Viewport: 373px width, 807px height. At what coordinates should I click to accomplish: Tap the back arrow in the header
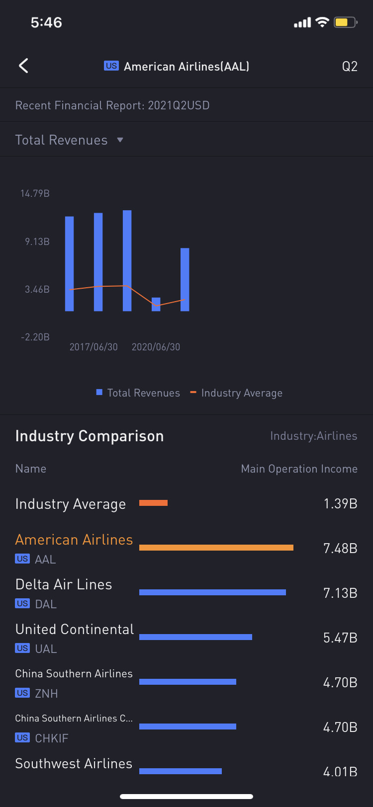point(23,66)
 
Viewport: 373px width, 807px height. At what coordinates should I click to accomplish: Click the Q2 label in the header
point(350,67)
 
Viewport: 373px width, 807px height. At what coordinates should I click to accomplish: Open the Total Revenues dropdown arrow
point(120,140)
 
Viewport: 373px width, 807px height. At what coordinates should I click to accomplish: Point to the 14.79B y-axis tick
point(35,194)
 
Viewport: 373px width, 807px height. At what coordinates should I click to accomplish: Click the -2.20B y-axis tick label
point(35,337)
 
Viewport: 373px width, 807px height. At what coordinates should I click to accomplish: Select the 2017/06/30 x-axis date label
point(93,347)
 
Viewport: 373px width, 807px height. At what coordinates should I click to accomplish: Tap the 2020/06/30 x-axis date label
point(156,347)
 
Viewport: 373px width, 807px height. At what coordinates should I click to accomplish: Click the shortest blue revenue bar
point(156,304)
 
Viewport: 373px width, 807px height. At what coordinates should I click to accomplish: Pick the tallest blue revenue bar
point(127,260)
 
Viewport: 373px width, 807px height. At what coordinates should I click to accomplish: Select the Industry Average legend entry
point(237,393)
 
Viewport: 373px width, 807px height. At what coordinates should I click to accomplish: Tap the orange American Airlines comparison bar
point(216,548)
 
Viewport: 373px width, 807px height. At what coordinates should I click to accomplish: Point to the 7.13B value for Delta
point(340,593)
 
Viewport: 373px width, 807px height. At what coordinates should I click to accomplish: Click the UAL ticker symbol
point(46,649)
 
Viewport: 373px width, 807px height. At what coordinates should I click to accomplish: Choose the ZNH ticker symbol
point(46,694)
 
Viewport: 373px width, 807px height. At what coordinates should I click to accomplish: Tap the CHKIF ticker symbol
point(51,738)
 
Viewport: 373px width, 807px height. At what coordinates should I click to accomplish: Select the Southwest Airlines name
point(74,764)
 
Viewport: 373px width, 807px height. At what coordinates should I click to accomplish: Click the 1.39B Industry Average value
point(340,503)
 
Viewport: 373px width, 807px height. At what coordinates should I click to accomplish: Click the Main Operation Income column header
point(299,469)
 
